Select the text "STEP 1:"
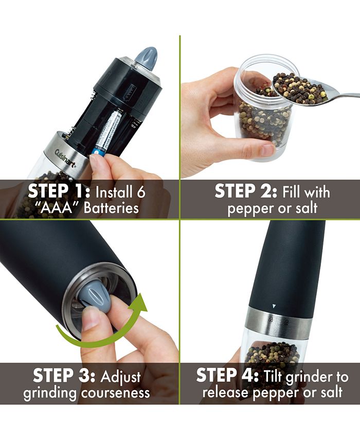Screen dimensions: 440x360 click(58, 191)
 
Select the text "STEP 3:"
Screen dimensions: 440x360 click(62, 376)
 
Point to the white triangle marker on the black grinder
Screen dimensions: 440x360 click(274, 307)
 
